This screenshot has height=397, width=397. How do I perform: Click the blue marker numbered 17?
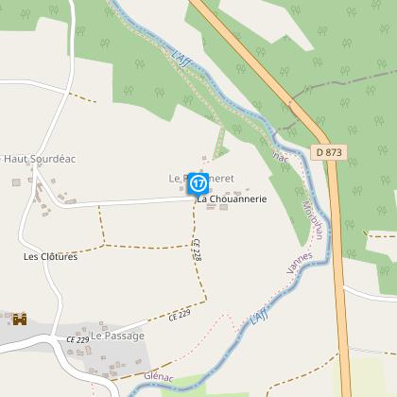[x=198, y=182]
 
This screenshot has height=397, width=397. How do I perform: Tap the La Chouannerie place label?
[x=232, y=199]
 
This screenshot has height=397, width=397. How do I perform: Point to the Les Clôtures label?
[x=51, y=255]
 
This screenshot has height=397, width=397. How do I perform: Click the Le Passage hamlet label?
[x=118, y=336]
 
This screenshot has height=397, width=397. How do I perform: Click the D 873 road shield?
[x=329, y=151]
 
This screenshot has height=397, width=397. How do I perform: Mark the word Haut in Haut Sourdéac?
[x=15, y=159]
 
